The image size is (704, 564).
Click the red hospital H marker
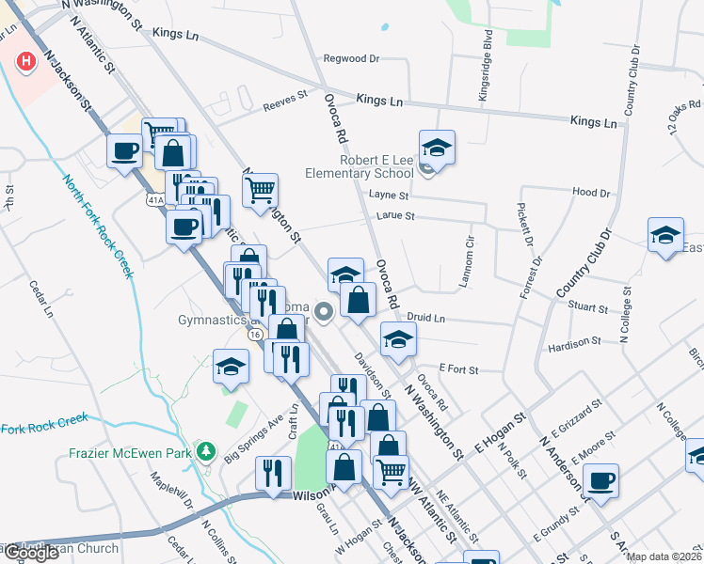pos(27,62)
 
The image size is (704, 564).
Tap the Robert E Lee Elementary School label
pos(360,166)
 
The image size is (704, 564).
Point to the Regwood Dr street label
pos(350,58)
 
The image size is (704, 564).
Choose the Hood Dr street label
pos(591,192)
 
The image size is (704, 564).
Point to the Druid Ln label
pos(427,319)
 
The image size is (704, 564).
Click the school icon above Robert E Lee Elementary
pos(437,146)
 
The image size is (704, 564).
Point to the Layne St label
pos(389,196)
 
